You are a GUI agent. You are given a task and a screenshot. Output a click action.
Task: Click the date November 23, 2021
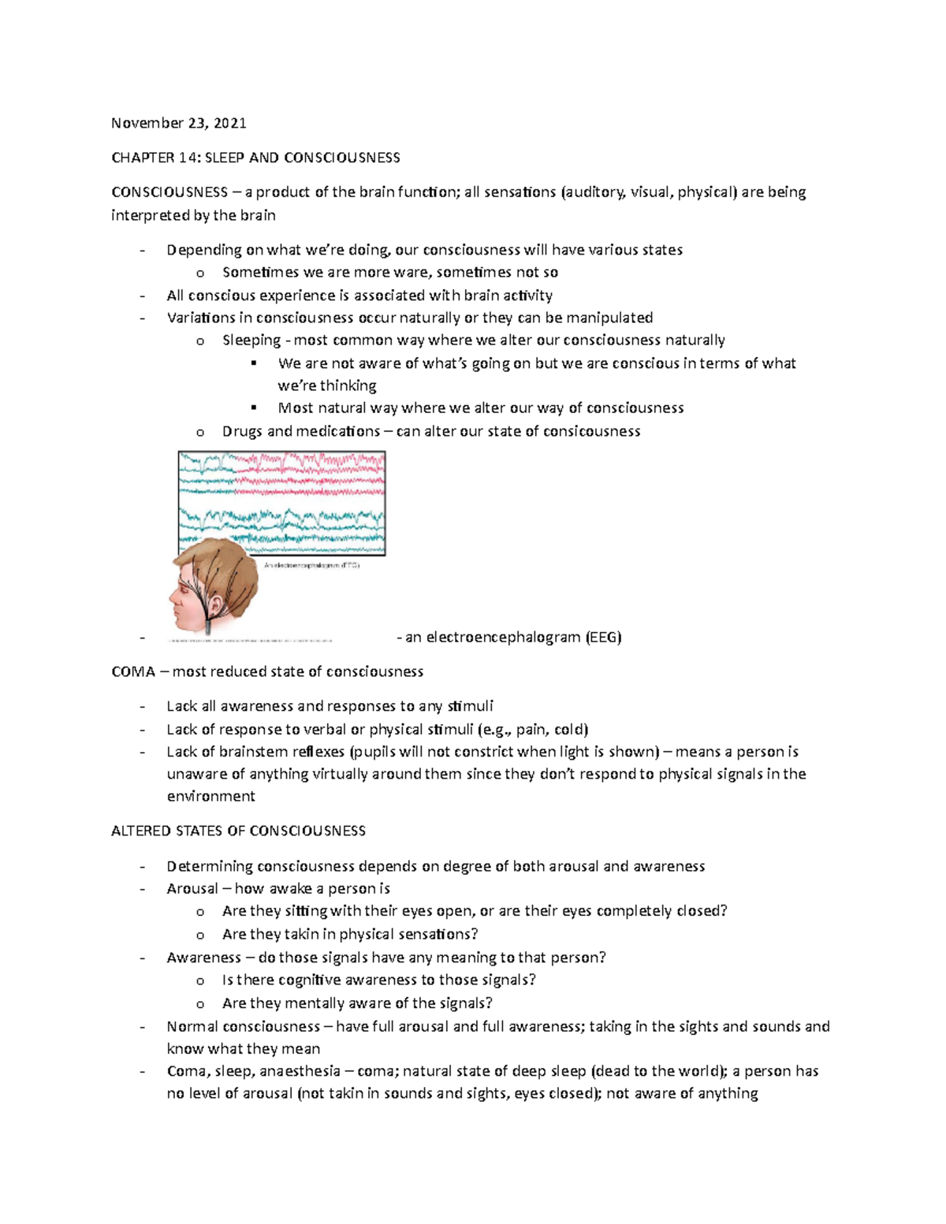click(178, 123)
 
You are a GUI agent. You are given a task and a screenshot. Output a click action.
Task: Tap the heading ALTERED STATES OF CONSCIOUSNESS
click(238, 831)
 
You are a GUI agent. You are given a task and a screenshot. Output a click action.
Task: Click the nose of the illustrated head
click(172, 601)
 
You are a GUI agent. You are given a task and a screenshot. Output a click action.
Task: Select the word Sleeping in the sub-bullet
click(251, 340)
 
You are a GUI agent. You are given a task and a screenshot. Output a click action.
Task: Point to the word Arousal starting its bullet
click(192, 888)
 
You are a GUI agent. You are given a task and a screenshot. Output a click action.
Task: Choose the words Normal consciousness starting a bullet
click(243, 1026)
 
